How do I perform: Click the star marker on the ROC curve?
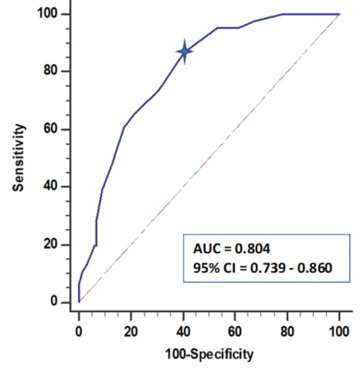pyautogui.click(x=185, y=52)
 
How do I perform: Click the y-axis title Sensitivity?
pyautogui.click(x=19, y=157)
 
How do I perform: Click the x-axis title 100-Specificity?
pyautogui.click(x=209, y=355)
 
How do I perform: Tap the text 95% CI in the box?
pyautogui.click(x=211, y=266)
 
